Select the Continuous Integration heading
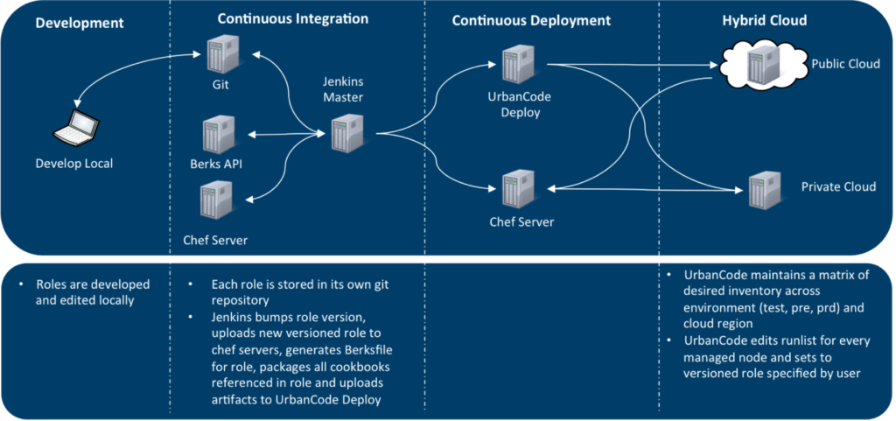pos(292,18)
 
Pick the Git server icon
pos(215,53)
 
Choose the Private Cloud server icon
pos(759,189)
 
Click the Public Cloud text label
pos(845,65)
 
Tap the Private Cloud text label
pos(838,187)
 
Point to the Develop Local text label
pos(74,164)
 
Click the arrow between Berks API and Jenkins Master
pos(282,135)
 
